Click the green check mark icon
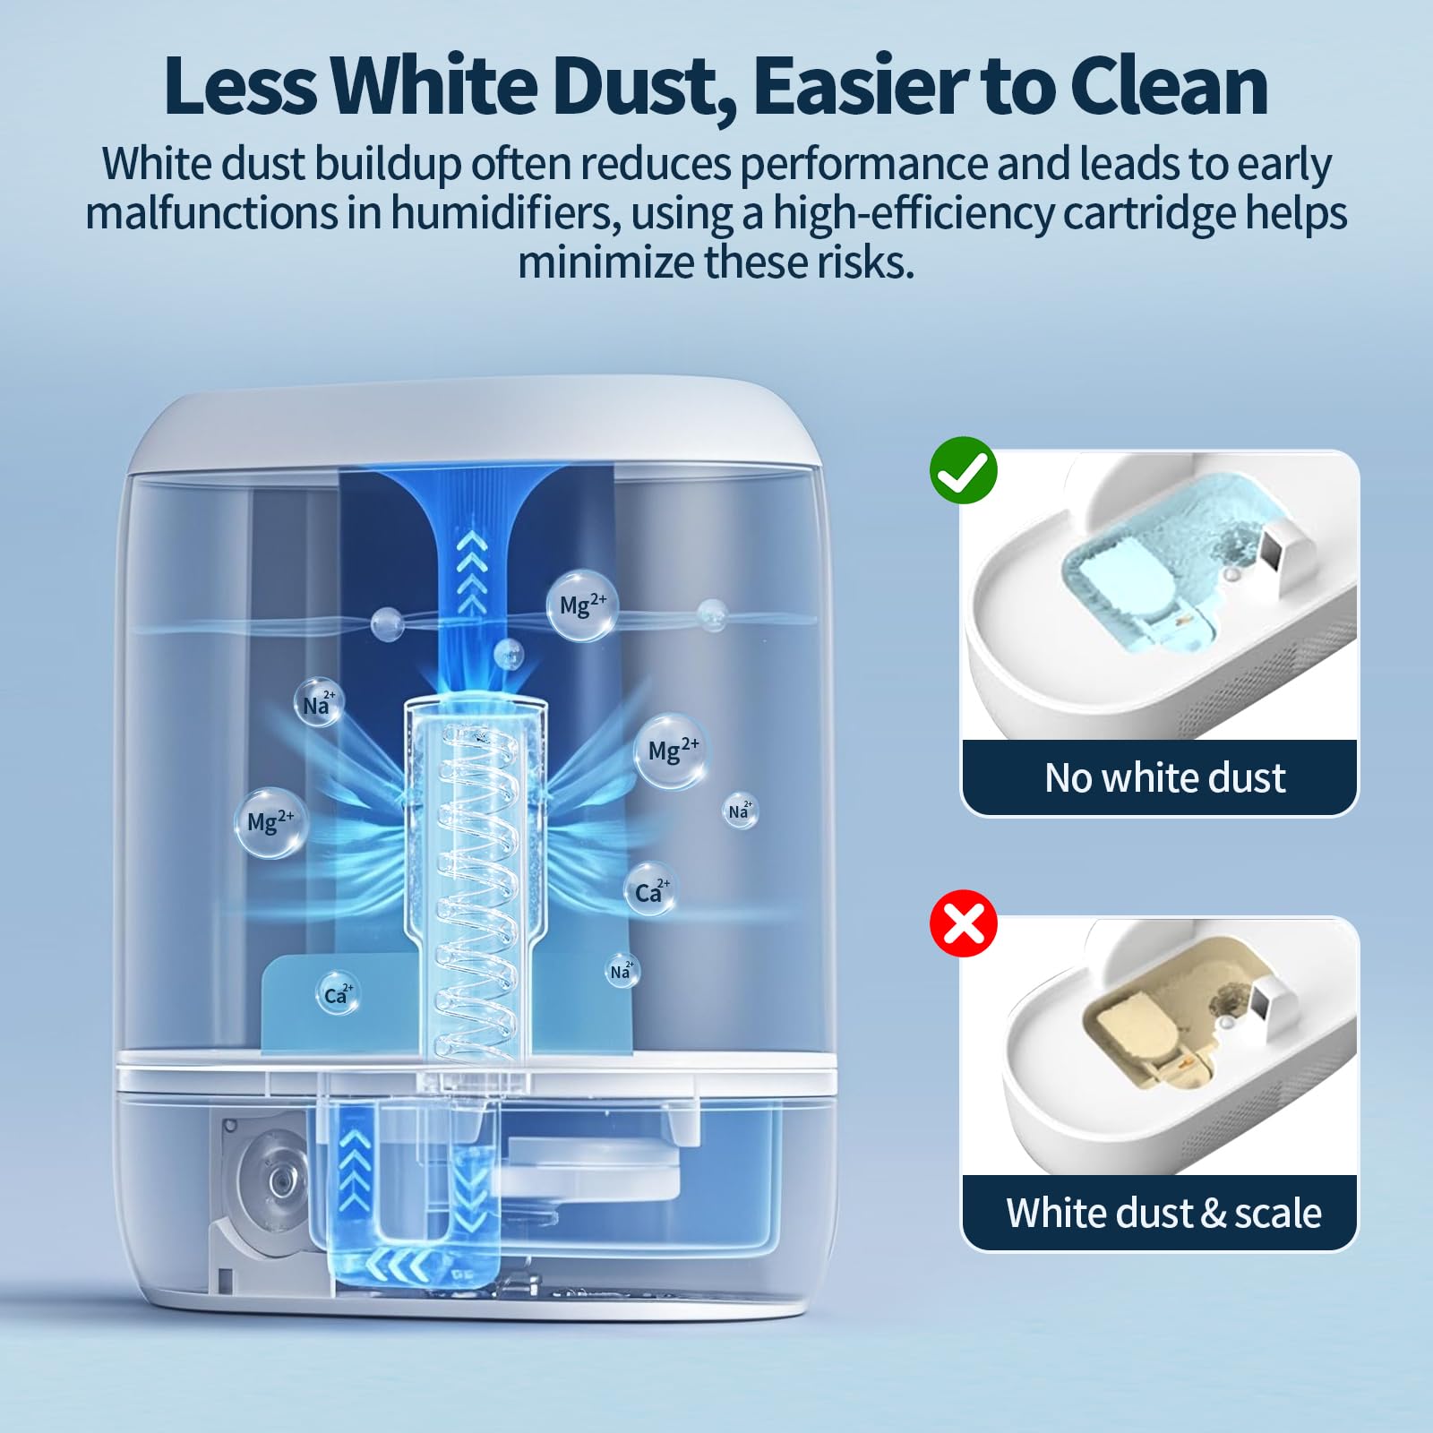click(964, 470)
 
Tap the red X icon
click(964, 923)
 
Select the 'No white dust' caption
click(1164, 777)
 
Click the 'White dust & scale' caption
click(1163, 1213)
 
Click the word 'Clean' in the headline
click(1168, 86)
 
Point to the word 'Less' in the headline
click(240, 86)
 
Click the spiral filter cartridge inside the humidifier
click(476, 878)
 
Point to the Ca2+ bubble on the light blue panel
click(339, 994)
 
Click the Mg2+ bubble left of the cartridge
click(271, 822)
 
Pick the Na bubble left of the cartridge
click(318, 703)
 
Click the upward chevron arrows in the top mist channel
click(472, 572)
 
